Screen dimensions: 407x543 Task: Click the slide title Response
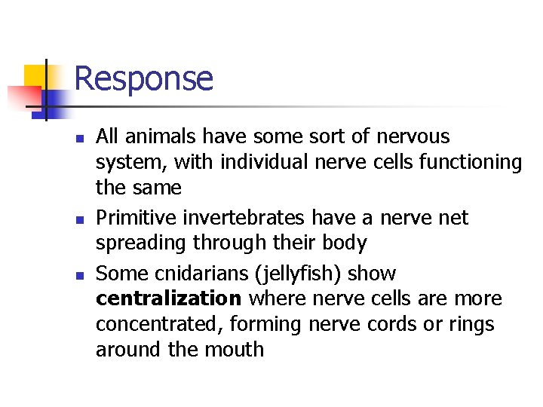pos(143,78)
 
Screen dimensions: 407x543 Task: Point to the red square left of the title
pos(23,97)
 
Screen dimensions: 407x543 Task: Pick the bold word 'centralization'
pos(168,298)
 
